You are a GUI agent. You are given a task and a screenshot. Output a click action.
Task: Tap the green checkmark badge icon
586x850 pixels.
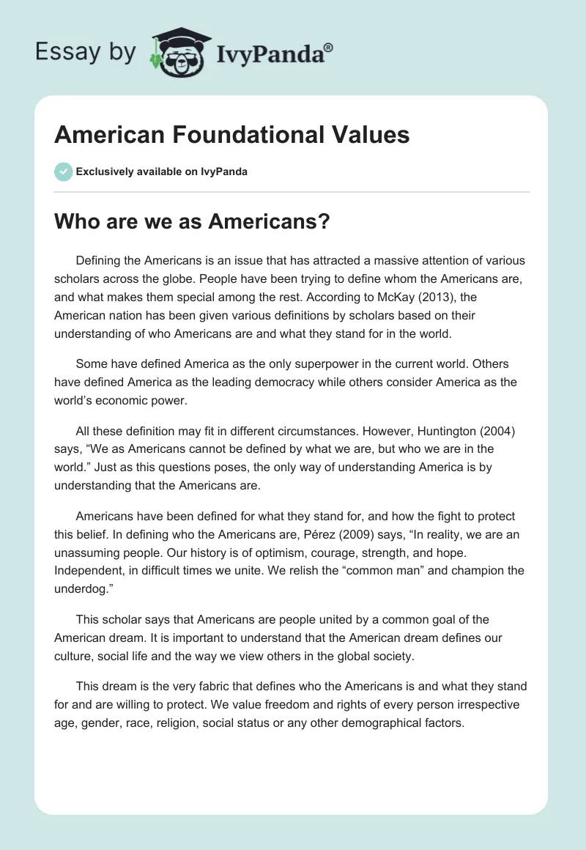pos(64,171)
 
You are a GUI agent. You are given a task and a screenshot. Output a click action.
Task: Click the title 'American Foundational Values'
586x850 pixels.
pos(231,136)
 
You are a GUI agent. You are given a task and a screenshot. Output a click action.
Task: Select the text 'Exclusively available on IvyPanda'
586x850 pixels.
pos(162,171)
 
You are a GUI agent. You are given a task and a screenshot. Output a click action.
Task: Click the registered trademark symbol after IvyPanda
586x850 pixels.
pos(329,47)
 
